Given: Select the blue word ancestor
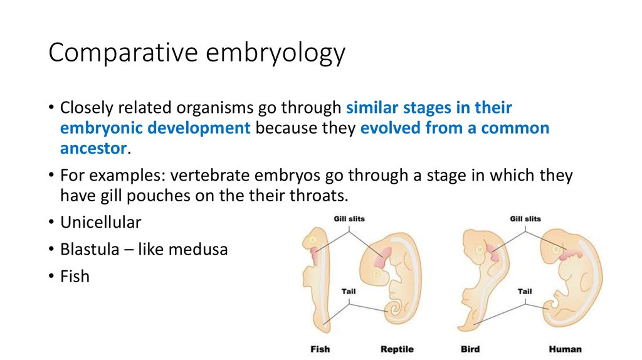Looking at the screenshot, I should coord(93,149).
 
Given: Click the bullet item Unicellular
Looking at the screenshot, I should coord(100,222).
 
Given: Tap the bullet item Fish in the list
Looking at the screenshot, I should coord(75,276).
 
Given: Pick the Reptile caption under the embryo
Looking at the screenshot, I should coord(397,349).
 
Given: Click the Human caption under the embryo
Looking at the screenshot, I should coord(565,349).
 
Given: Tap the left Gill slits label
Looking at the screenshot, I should coord(349,219).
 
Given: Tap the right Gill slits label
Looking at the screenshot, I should coord(525,219).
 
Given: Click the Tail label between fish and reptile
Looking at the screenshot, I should coord(349,292).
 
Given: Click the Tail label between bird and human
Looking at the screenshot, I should coord(525,292).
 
